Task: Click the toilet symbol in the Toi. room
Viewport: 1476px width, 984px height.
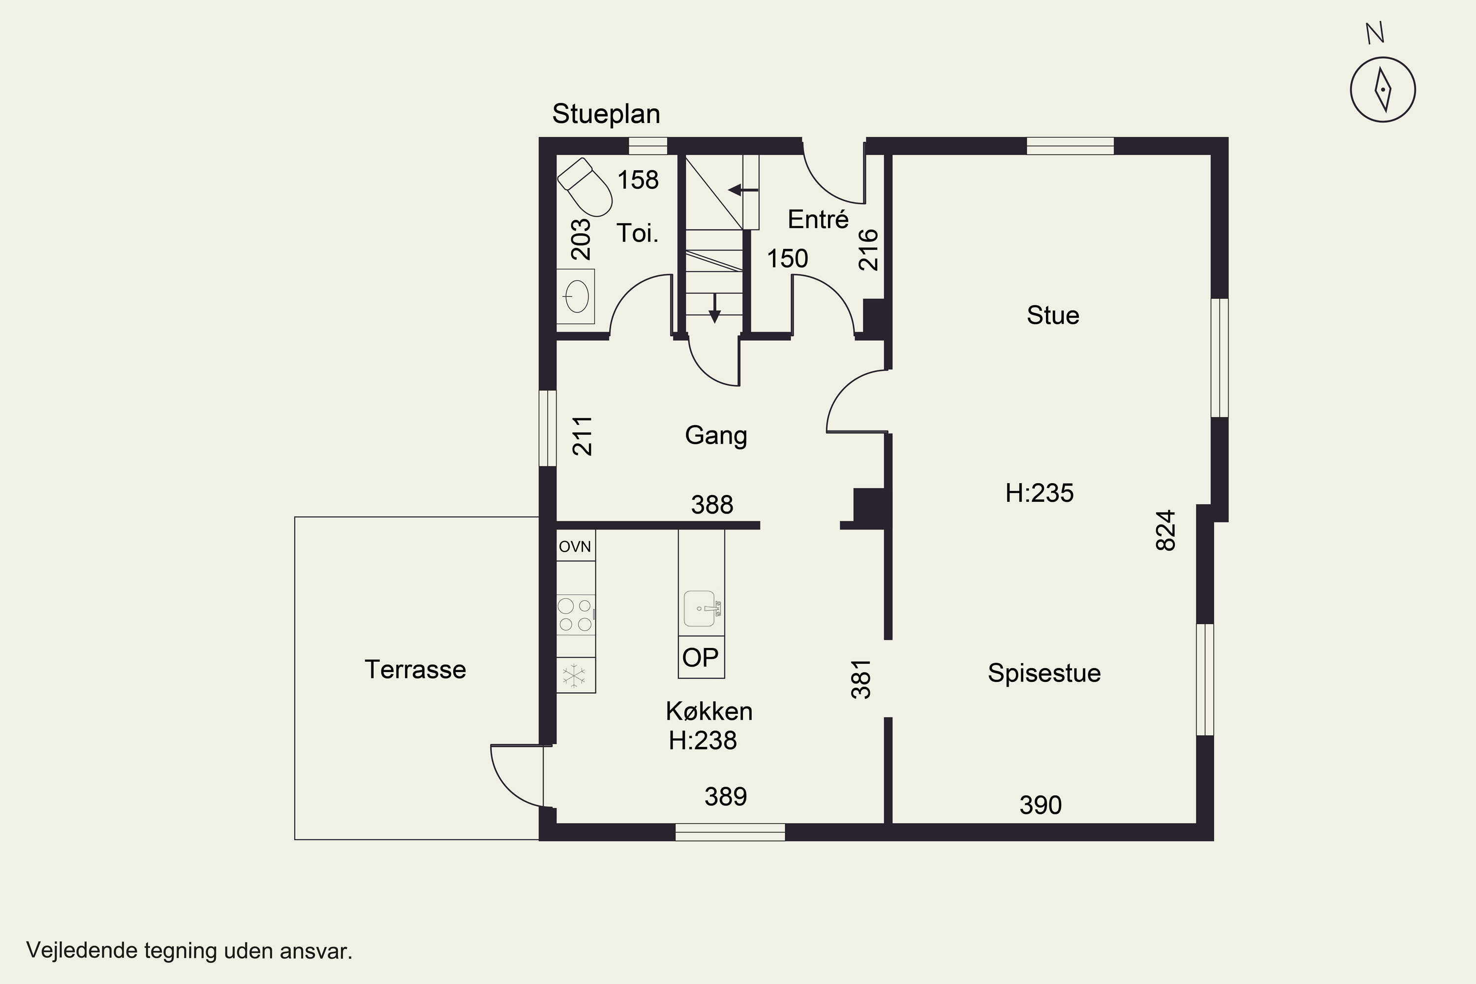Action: (585, 187)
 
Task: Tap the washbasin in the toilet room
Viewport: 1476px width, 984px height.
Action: (576, 296)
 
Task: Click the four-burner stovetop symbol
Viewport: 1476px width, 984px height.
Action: (576, 615)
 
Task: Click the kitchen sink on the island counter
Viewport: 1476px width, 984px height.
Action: (702, 609)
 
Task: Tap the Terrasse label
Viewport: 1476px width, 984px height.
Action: (415, 670)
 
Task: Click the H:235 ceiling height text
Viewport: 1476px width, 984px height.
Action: (1039, 493)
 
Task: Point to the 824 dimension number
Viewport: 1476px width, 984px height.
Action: (1166, 530)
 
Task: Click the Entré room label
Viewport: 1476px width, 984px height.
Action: (818, 219)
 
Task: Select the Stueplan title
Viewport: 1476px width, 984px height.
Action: (606, 114)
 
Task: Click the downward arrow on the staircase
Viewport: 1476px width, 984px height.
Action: (714, 308)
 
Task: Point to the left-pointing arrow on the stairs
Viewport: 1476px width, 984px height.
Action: (743, 189)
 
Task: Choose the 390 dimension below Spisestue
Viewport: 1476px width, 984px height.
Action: (1041, 805)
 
